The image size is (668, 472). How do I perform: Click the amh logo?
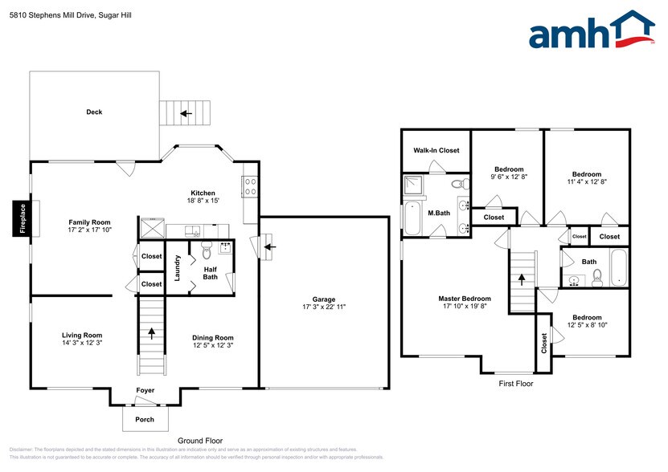point(591,35)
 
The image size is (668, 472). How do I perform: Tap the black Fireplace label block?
point(23,218)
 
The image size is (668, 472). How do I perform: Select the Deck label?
point(94,112)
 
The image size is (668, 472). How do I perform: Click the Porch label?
point(145,419)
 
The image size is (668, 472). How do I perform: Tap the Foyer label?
point(145,391)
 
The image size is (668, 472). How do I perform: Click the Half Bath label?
point(210,273)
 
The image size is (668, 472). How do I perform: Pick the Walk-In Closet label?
point(436,150)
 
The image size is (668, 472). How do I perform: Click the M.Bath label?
point(437,214)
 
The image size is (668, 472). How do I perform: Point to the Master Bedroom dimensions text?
point(464,307)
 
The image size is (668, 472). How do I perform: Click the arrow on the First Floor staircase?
point(522,279)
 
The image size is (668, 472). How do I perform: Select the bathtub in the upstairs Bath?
point(618,269)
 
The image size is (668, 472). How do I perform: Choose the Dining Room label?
point(212,337)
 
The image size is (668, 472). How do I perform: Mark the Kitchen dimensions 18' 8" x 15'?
point(203,201)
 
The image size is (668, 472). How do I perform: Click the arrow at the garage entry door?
point(267,246)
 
